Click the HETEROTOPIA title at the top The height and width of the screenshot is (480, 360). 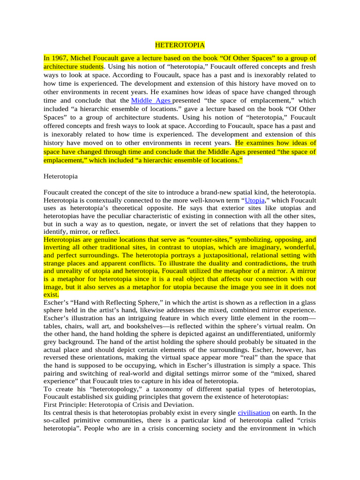pos(180,45)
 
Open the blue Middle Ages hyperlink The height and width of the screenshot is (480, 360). pos(151,101)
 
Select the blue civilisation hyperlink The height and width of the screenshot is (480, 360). pos(254,412)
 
